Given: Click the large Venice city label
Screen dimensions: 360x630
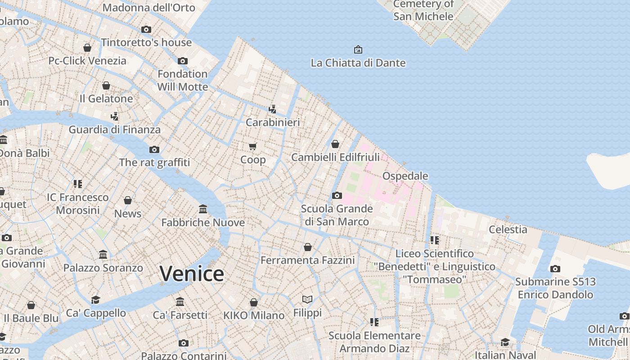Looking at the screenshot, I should pyautogui.click(x=192, y=274).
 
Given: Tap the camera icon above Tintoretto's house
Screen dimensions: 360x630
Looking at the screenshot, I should pyautogui.click(x=146, y=30).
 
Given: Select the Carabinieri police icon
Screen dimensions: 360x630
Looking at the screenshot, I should pyautogui.click(x=272, y=109).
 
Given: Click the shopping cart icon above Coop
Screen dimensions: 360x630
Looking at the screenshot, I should pyautogui.click(x=253, y=146).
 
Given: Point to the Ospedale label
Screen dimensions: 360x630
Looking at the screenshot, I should pyautogui.click(x=405, y=176).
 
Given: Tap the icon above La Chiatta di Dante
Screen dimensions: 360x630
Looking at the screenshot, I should pyautogui.click(x=358, y=49).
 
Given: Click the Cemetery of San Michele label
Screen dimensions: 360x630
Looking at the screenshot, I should pyautogui.click(x=423, y=10).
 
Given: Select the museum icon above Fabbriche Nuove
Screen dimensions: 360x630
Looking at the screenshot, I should pyautogui.click(x=203, y=209).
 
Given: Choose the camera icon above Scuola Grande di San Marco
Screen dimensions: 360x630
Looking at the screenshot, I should pyautogui.click(x=337, y=195).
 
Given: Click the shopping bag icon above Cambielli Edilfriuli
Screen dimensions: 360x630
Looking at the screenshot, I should pyautogui.click(x=335, y=144).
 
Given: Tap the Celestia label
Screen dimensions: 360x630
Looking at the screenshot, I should pyautogui.click(x=508, y=229).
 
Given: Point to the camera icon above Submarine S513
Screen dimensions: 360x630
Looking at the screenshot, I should pyautogui.click(x=555, y=269).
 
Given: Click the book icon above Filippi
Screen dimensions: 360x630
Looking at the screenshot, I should pyautogui.click(x=307, y=299).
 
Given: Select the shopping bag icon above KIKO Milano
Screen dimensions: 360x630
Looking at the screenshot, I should pyautogui.click(x=254, y=302).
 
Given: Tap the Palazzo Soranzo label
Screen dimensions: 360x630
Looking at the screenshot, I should pyautogui.click(x=103, y=268).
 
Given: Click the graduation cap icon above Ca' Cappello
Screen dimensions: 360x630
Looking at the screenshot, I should pyautogui.click(x=95, y=300).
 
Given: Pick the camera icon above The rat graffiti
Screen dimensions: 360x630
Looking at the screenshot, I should pyautogui.click(x=154, y=149).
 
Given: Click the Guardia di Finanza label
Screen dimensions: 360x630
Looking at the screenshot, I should pyautogui.click(x=114, y=130).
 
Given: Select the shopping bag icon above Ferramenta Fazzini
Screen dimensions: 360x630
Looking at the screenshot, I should pyautogui.click(x=308, y=247).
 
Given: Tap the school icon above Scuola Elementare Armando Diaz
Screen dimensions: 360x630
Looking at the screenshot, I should pyautogui.click(x=374, y=322).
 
